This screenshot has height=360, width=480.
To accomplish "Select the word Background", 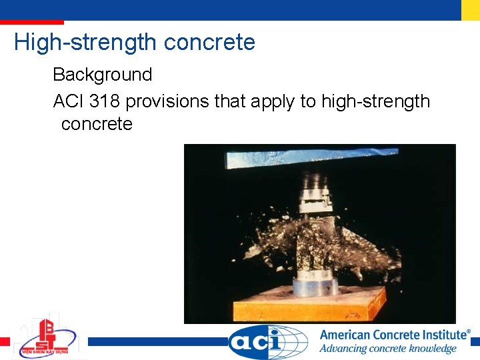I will click(x=102, y=75).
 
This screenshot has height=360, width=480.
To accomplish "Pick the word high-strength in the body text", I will click(x=375, y=101).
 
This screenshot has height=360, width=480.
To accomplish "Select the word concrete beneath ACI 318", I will click(x=97, y=124).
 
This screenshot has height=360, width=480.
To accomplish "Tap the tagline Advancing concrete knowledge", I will click(x=387, y=349).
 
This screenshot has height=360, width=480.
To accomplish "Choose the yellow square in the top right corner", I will click(x=470, y=9).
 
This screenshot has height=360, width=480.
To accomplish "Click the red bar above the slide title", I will click(x=32, y=22).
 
